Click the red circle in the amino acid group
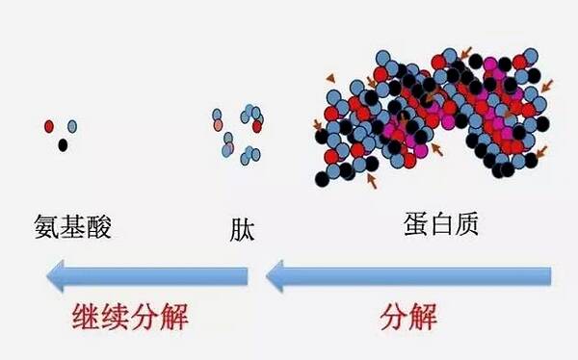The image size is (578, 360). click(x=49, y=126)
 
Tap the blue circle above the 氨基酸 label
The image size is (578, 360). click(x=72, y=126)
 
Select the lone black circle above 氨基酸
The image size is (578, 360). click(x=63, y=145)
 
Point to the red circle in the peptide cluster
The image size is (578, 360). click(x=257, y=126)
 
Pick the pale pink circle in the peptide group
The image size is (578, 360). click(x=218, y=125)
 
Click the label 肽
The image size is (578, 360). click(x=242, y=230)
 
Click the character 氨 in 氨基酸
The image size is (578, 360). click(x=47, y=226)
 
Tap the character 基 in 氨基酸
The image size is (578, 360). click(x=72, y=226)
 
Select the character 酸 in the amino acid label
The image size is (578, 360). click(x=98, y=226)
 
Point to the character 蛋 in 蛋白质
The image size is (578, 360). click(x=416, y=224)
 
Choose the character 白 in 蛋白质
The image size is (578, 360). click(x=441, y=224)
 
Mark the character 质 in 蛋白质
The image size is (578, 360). click(x=466, y=224)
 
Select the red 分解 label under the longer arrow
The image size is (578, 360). click(x=408, y=316)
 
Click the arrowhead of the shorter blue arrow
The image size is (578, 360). click(x=55, y=276)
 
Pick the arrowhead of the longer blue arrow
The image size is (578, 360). click(x=275, y=276)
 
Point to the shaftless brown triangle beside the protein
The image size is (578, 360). click(x=330, y=78)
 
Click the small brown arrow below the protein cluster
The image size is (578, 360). click(x=372, y=181)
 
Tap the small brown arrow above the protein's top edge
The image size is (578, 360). click(x=466, y=53)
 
